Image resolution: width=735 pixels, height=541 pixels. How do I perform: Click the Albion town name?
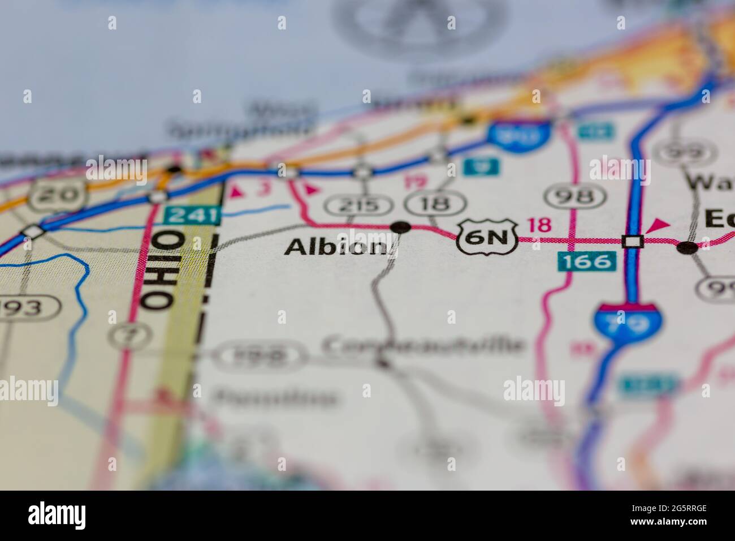click(336, 247)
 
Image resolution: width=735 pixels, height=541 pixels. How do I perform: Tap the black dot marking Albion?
click(401, 227)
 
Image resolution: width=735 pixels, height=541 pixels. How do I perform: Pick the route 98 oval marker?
click(573, 196)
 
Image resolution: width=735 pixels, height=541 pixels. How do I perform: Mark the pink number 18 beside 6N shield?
click(539, 225)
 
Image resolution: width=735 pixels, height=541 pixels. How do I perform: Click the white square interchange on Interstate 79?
click(633, 241)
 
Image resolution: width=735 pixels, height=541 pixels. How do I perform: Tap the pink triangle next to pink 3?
click(237, 192)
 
